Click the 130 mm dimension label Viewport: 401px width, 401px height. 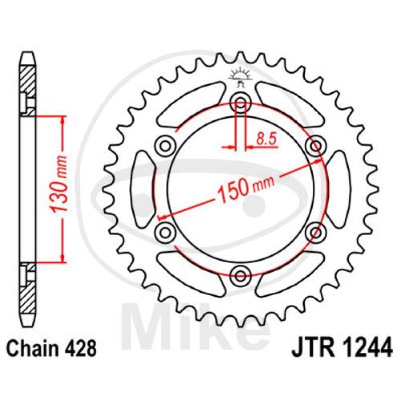click(x=59, y=184)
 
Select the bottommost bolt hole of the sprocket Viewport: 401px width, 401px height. click(x=241, y=276)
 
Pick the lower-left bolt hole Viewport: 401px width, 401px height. click(x=166, y=233)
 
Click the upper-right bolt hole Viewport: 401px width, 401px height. click(x=316, y=146)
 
